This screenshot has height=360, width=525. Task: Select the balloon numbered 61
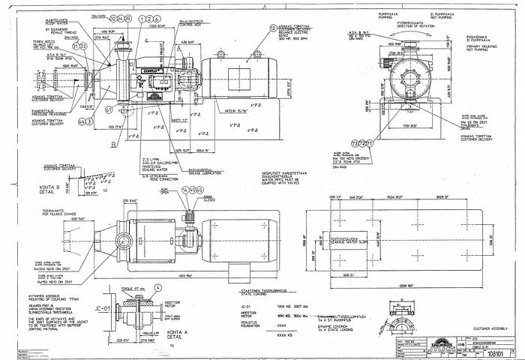[109, 109]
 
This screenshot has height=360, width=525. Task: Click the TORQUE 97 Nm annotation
[132, 288]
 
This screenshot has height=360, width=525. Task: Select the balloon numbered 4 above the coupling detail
[158, 287]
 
